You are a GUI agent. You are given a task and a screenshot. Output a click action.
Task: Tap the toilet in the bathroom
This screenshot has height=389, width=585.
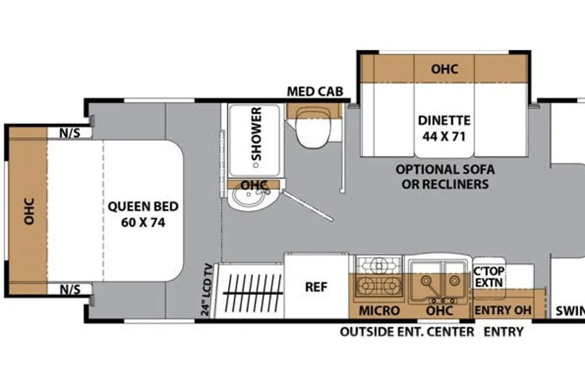[x=313, y=127]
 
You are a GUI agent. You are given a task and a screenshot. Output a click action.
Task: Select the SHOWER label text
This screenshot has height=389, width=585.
[x=257, y=134]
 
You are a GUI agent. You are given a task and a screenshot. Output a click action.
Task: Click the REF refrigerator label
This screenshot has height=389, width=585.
[x=316, y=287]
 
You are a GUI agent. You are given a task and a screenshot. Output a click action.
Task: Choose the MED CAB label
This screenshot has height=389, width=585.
[x=315, y=91]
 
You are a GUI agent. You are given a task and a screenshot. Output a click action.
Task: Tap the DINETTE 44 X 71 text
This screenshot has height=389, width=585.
[x=444, y=128]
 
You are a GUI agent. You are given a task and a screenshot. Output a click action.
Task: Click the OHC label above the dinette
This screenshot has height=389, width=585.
[x=444, y=69]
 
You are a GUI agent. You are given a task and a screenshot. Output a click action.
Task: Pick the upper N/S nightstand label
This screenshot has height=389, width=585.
[x=70, y=133]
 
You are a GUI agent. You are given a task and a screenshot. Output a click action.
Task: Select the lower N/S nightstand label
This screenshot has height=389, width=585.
[x=70, y=290]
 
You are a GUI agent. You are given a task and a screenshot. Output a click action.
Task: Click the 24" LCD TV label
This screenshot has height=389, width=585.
[x=207, y=290]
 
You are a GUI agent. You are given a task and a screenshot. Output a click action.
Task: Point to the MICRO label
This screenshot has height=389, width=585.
[x=379, y=310]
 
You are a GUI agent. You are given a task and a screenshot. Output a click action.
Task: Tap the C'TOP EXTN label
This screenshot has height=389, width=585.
[x=489, y=277]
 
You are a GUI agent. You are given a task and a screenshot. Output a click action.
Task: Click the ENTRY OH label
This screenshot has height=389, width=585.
[x=503, y=310]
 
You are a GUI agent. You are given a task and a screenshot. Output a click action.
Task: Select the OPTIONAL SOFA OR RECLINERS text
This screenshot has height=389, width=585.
[x=445, y=177]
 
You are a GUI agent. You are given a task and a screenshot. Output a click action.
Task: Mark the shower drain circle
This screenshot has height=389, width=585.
[x=255, y=165]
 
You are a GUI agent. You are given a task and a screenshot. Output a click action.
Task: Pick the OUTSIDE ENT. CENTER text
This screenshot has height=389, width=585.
[x=407, y=332]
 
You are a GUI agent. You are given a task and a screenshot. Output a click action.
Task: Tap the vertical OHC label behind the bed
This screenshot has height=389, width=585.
[x=29, y=211]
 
